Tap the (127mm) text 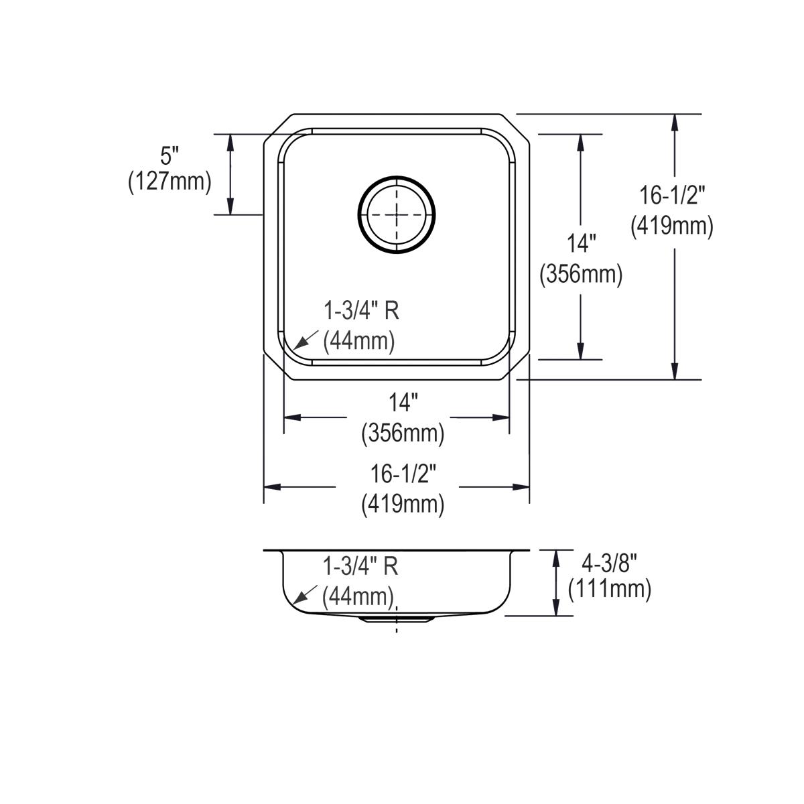[x=170, y=182]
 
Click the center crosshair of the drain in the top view [x=396, y=214]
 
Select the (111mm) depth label [x=610, y=589]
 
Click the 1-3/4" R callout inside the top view [x=362, y=311]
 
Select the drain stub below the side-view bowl [x=395, y=620]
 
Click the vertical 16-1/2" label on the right [x=672, y=196]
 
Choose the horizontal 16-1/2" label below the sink [x=403, y=474]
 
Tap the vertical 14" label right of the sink [x=581, y=244]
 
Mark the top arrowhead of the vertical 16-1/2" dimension [x=675, y=121]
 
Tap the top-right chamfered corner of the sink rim [x=515, y=127]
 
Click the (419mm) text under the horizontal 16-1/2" [x=403, y=504]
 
